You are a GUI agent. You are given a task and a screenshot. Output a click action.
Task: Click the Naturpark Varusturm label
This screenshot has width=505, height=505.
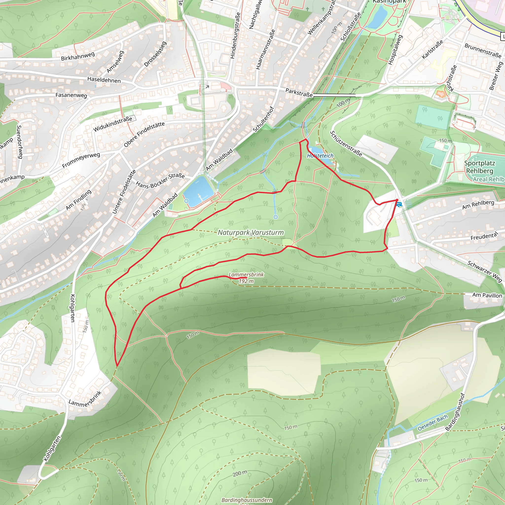pyautogui.click(x=251, y=232)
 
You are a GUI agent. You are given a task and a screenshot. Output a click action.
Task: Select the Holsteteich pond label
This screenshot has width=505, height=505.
pyautogui.click(x=320, y=156)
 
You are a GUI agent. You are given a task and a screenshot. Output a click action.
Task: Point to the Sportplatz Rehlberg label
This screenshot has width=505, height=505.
pyautogui.click(x=480, y=167)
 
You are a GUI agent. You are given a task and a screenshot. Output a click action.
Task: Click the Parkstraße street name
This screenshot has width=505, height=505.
pyautogui.click(x=299, y=92)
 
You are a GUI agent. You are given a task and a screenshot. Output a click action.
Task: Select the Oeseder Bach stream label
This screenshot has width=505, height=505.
pyautogui.click(x=433, y=423)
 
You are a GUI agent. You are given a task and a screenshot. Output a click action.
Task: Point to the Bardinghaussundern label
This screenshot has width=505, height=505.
pyautogui.click(x=247, y=500)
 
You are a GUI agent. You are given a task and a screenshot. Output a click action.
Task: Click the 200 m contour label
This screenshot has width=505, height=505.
pyautogui.click(x=240, y=473)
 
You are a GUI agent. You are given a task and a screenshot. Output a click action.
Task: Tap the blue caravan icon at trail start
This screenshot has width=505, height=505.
pyautogui.click(x=399, y=204)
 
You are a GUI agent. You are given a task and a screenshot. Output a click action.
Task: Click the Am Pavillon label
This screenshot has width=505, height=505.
pyautogui.click(x=487, y=295)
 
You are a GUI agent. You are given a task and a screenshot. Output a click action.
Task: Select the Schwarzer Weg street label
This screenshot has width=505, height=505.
pyautogui.click(x=485, y=271)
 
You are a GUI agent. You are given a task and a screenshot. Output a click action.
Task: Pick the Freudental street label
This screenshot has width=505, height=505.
pyautogui.click(x=484, y=236)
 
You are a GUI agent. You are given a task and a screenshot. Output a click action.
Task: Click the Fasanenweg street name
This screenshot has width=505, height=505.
pyautogui.click(x=71, y=95)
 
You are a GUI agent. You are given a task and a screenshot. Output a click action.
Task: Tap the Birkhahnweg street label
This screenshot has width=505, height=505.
pyautogui.click(x=78, y=56)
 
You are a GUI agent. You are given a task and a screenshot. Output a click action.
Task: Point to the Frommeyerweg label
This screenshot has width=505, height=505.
pyautogui.click(x=81, y=160)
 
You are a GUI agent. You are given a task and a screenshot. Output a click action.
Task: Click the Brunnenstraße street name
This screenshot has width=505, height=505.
pyautogui.click(x=483, y=50)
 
